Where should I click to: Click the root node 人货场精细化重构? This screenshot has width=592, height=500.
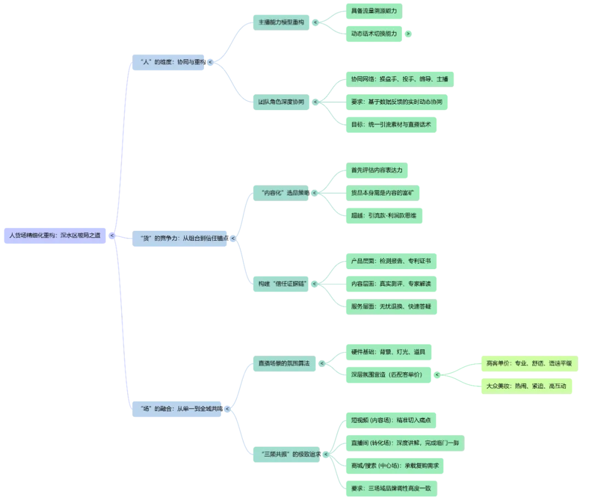[55, 235]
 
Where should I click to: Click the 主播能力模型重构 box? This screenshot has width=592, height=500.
[281, 22]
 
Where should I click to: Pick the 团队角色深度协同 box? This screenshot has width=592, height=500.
[281, 102]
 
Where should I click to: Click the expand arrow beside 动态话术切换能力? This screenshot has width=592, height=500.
[408, 34]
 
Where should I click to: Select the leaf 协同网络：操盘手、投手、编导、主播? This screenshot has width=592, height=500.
[399, 79]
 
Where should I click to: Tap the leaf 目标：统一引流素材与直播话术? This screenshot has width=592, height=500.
[391, 124]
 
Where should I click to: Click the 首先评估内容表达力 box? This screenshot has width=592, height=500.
[377, 171]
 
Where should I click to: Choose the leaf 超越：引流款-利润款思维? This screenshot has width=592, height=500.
[384, 215]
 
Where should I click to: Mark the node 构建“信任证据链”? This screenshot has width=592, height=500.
[282, 283]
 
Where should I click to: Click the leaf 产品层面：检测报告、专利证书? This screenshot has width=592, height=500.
[391, 261]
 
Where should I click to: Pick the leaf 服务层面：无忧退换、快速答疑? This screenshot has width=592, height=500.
[391, 306]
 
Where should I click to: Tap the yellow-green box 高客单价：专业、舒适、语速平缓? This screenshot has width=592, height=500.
[528, 363]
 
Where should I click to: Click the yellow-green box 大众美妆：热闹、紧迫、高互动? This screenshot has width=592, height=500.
[526, 386]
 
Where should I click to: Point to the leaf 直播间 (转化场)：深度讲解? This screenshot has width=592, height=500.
[403, 442]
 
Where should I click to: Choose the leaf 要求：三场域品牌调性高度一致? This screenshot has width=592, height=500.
[391, 488]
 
